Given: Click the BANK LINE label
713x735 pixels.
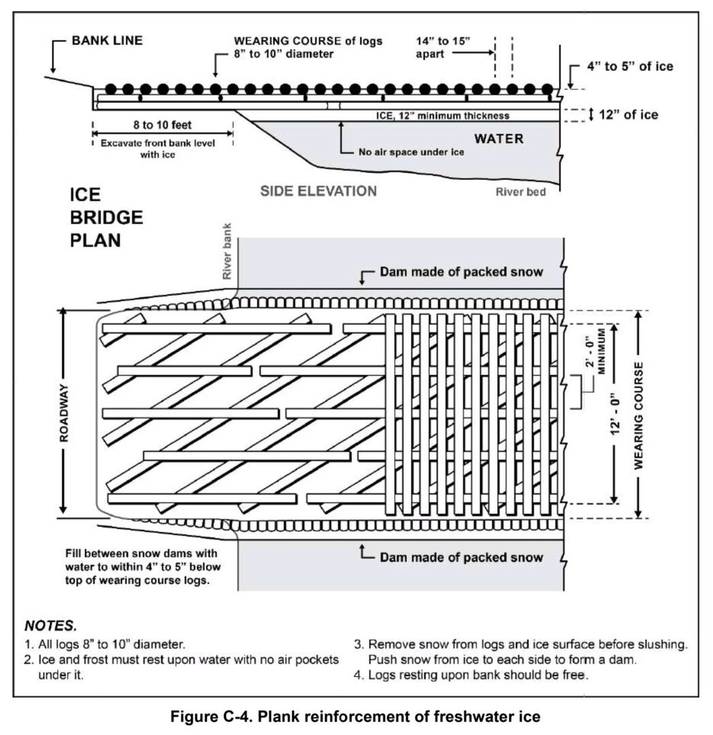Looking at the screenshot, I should pyautogui.click(x=107, y=41).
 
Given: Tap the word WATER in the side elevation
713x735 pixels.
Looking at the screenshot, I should pyautogui.click(x=499, y=139).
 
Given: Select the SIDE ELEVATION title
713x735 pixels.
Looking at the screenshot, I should pyautogui.click(x=319, y=191).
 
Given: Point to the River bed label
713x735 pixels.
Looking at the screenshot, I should pyautogui.click(x=520, y=192).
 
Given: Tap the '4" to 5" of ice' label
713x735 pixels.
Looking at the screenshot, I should pyautogui.click(x=630, y=67).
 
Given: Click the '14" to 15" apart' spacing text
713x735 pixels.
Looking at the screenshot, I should pyautogui.click(x=443, y=47).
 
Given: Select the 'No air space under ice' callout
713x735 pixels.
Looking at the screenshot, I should pyautogui.click(x=411, y=152).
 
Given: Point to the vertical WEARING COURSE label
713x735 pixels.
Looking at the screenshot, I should pyautogui.click(x=639, y=415).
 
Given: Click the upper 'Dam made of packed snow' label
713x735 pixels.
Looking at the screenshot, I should pyautogui.click(x=461, y=272).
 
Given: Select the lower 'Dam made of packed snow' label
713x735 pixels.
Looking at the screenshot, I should pyautogui.click(x=461, y=557).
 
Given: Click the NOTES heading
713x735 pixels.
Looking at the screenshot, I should pyautogui.click(x=51, y=625).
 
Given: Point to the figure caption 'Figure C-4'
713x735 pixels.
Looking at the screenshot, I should pyautogui.click(x=355, y=717).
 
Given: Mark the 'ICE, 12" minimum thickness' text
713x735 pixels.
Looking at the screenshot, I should pyautogui.click(x=443, y=116).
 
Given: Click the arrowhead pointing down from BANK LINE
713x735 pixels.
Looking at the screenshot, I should pyautogui.click(x=52, y=70).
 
